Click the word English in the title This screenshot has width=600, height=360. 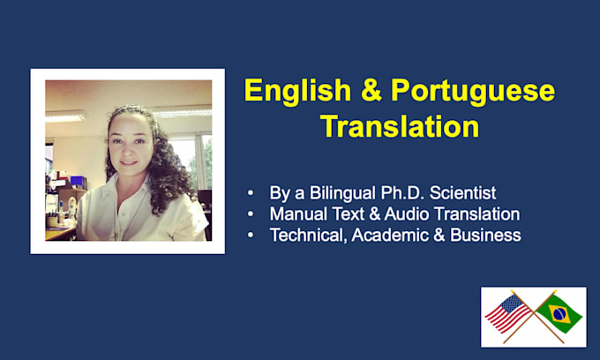tap(297, 92)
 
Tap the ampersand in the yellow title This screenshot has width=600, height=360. tap(371, 90)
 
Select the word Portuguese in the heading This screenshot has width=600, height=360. tap(473, 92)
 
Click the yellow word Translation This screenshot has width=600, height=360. tap(400, 126)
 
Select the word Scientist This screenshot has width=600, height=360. tap(462, 193)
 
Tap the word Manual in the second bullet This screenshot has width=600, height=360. tap(298, 214)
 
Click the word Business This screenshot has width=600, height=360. tap(485, 235)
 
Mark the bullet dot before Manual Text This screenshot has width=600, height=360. tap(251, 214)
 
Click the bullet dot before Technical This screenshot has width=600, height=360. tap(251, 235)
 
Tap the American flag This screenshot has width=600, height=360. tap(507, 313)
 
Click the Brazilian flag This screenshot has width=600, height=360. tap(559, 313)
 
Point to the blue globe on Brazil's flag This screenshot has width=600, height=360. tap(559, 314)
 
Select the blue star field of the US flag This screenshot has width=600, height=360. tap(511, 304)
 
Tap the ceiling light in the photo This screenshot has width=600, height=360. tap(64, 116)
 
